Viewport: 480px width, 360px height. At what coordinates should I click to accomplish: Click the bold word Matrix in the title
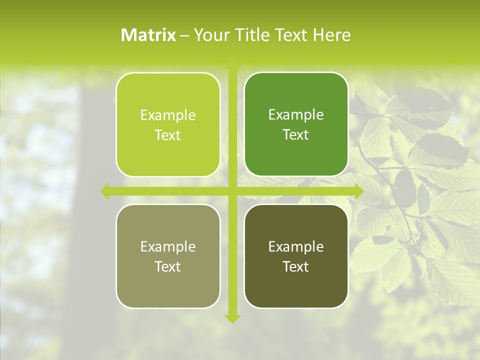click(x=148, y=35)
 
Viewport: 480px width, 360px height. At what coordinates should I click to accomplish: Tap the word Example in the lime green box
click(x=168, y=115)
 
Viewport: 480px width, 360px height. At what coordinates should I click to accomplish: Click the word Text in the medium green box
click(x=296, y=135)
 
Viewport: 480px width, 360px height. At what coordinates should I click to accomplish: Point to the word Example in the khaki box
click(x=168, y=247)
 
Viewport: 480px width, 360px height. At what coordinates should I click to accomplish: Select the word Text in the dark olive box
click(x=296, y=266)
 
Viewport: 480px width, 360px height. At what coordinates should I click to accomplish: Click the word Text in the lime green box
click(x=168, y=135)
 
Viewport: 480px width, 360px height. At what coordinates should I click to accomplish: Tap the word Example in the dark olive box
click(x=296, y=247)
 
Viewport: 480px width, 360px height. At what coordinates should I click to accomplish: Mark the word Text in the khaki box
click(x=168, y=266)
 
